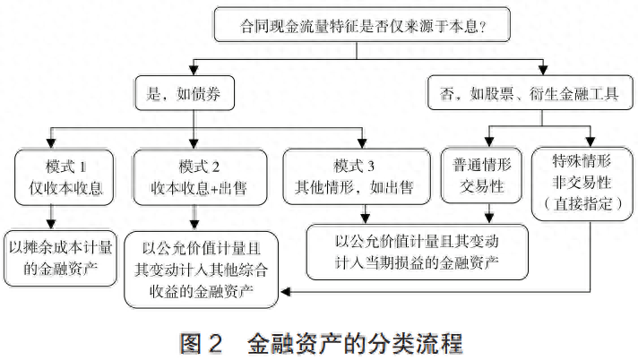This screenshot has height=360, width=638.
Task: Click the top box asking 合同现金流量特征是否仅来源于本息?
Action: pyautogui.click(x=362, y=24)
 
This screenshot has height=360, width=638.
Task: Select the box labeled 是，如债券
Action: pyautogui.click(x=185, y=93)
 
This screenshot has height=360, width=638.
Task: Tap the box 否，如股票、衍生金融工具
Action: pyautogui.click(x=530, y=93)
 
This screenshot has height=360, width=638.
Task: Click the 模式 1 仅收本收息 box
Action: pyautogui.click(x=64, y=177)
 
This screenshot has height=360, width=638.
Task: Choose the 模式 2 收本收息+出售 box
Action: pyautogui.click(x=200, y=177)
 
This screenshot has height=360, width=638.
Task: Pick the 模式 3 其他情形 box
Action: pyautogui.click(x=357, y=176)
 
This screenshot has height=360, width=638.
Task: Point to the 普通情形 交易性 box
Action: pyautogui.click(x=481, y=176)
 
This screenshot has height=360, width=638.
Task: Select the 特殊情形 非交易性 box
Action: pyautogui.click(x=582, y=184)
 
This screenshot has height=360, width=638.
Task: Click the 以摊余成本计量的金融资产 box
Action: pyautogui.click(x=60, y=258)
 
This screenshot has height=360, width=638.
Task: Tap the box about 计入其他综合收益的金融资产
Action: pyautogui.click(x=202, y=270)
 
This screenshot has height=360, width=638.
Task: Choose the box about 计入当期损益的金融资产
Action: pyautogui.click(x=417, y=253)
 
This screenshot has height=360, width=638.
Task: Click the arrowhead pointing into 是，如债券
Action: pyautogui.click(x=194, y=71)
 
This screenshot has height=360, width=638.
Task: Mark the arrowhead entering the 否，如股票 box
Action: pyautogui.click(x=542, y=70)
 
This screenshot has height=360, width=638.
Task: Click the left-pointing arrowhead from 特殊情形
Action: pyautogui.click(x=285, y=292)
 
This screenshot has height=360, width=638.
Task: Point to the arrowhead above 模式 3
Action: pyautogui.click(x=362, y=143)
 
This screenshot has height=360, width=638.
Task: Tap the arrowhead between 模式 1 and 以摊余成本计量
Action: pyautogui.click(x=51, y=225)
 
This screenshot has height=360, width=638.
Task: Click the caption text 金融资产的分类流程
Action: pyautogui.click(x=355, y=344)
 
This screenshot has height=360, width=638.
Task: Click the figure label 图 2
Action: pyautogui.click(x=201, y=344)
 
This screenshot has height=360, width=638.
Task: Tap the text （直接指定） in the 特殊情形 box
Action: pyautogui.click(x=582, y=204)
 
